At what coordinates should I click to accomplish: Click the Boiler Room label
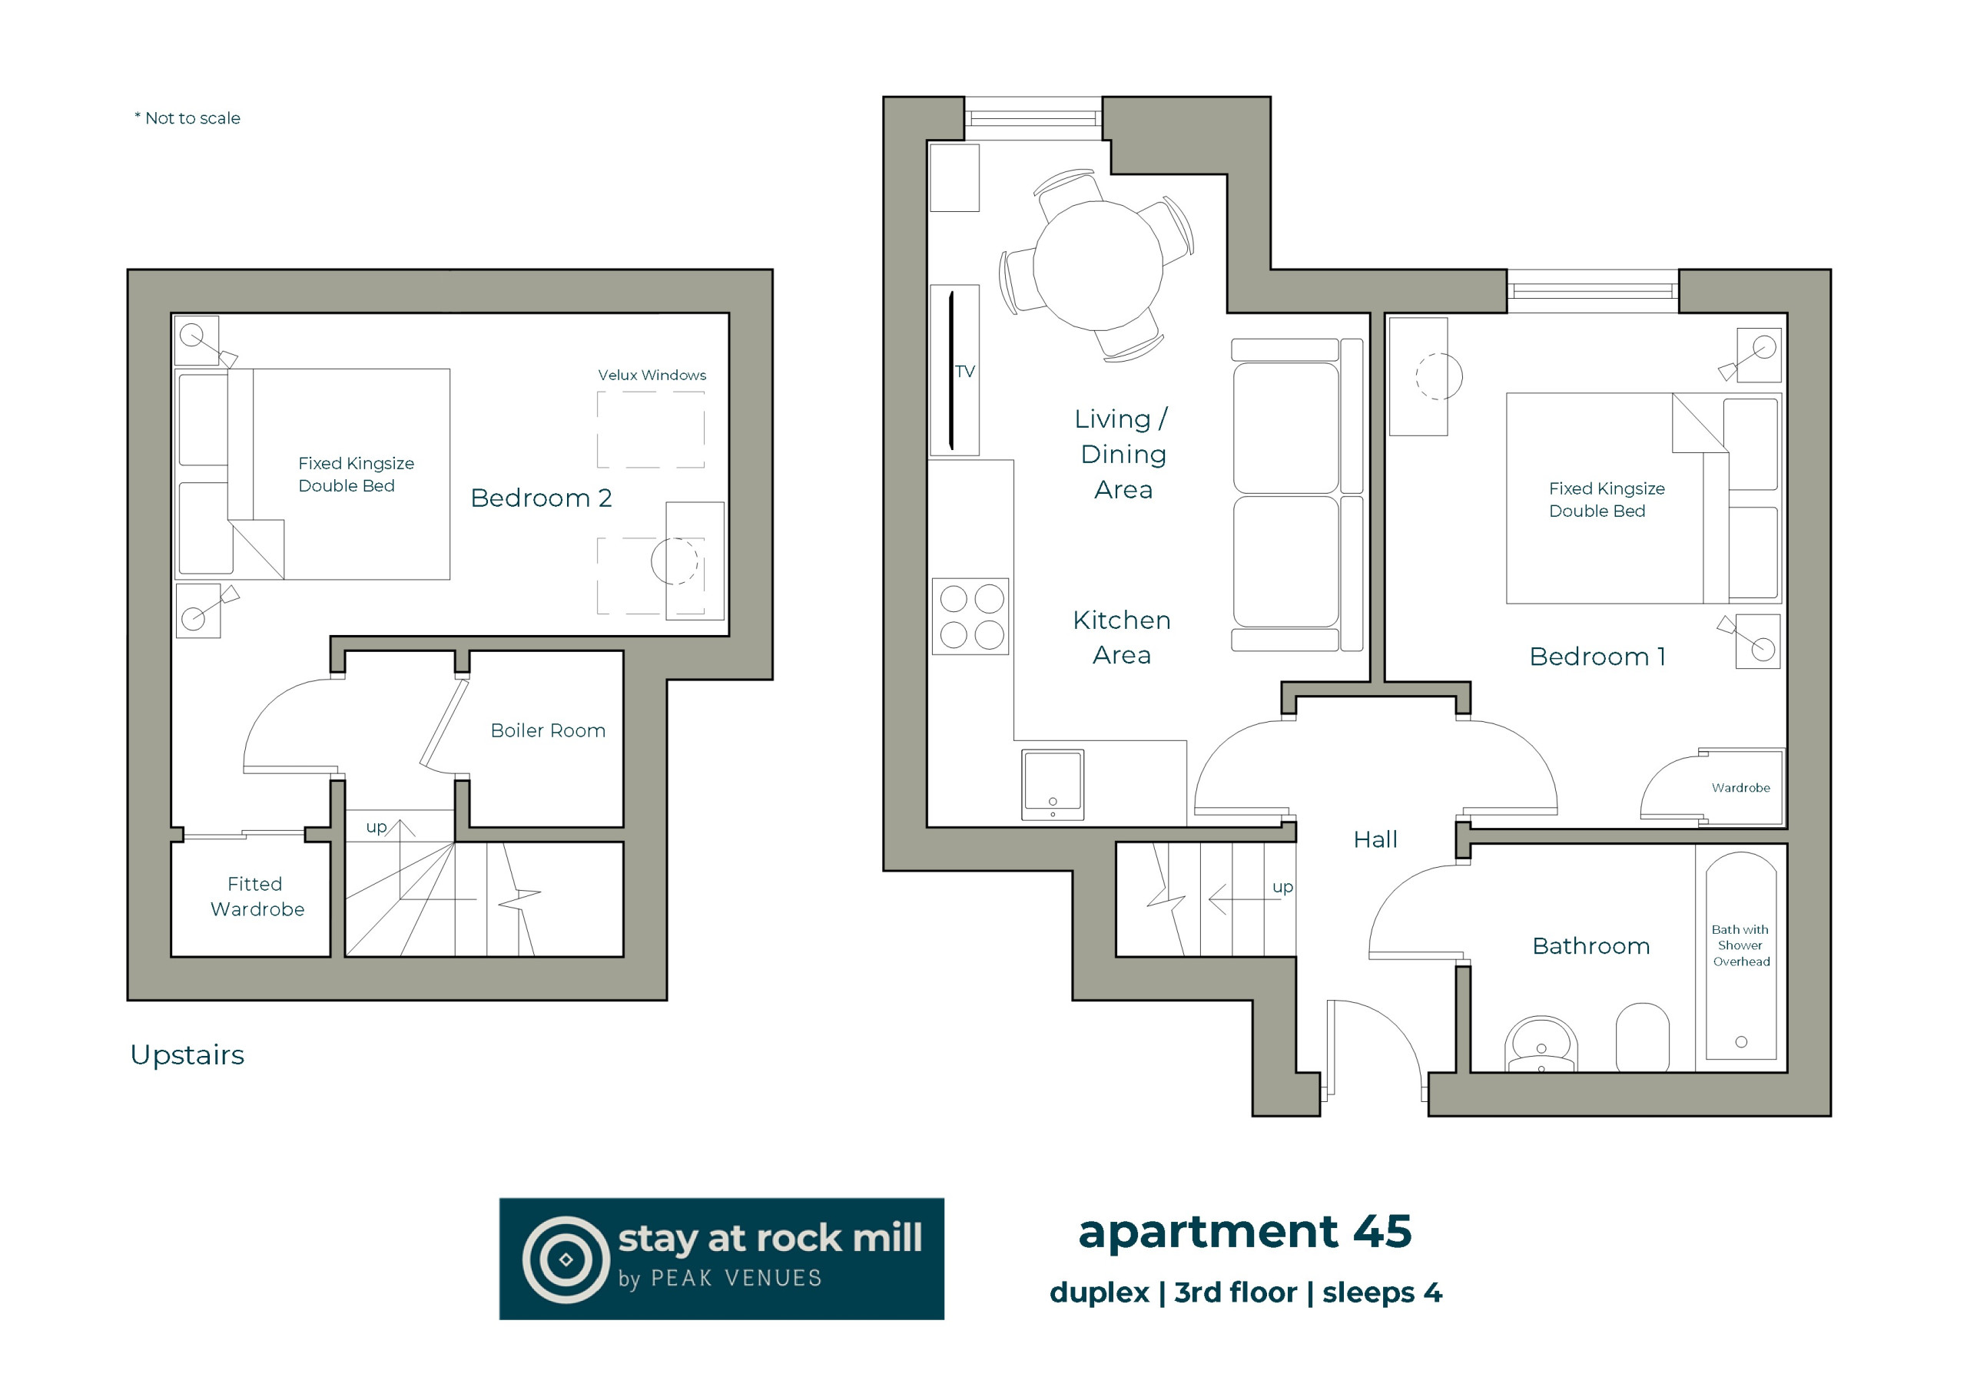tap(547, 730)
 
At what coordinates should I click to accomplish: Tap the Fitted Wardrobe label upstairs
tap(257, 896)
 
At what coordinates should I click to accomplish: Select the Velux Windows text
tap(652, 375)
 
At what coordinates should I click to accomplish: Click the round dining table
tap(1097, 266)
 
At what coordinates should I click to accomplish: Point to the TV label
tap(964, 372)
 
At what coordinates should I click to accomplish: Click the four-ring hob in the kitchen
tap(970, 617)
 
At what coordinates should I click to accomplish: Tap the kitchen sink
tap(1052, 785)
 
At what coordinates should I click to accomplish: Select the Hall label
tap(1375, 839)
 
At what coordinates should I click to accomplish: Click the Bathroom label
tap(1591, 945)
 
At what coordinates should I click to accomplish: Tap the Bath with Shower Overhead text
tap(1741, 945)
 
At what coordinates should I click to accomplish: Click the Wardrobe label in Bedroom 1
tap(1741, 788)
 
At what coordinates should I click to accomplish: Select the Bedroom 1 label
tap(1597, 657)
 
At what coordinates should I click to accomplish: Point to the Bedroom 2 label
tap(542, 498)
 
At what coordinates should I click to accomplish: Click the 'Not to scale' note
tap(187, 118)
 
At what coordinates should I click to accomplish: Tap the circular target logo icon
tap(566, 1259)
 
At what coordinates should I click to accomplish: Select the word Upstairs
tap(187, 1055)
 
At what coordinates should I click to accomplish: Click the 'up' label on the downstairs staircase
tap(1282, 886)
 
